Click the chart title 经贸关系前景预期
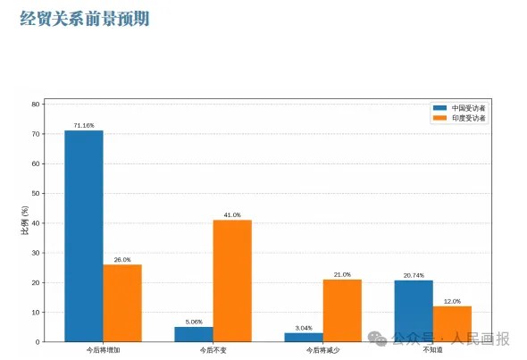[84, 18]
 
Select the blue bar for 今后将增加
[84, 236]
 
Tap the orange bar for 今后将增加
[122, 303]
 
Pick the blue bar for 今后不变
[194, 334]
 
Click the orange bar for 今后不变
[232, 281]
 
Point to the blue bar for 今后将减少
[304, 337]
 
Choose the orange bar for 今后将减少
[342, 311]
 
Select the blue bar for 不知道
[414, 311]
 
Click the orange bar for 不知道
[452, 324]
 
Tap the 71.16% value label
[84, 126]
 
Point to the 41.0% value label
[232, 215]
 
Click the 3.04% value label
[304, 328]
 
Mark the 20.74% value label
[414, 276]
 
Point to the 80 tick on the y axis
[36, 105]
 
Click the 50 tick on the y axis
[36, 194]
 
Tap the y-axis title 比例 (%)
[25, 220]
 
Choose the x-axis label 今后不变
[213, 350]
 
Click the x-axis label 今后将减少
[322, 350]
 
